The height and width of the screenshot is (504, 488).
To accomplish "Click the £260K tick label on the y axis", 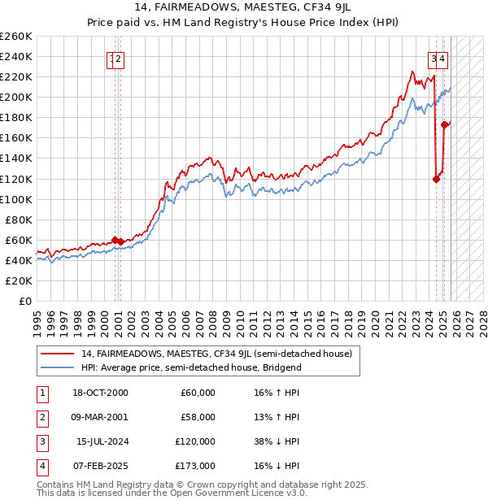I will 16,37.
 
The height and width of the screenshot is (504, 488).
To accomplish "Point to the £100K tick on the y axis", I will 16,199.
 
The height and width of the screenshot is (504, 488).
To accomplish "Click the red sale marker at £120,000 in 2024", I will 436,179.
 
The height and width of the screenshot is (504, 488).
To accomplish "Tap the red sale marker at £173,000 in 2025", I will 444,124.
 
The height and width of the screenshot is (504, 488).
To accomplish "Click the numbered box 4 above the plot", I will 442,58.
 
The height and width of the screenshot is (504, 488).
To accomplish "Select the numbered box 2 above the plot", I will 119,58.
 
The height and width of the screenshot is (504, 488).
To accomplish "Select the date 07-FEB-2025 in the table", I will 98,466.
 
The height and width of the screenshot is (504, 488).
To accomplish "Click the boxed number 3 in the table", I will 40,441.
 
